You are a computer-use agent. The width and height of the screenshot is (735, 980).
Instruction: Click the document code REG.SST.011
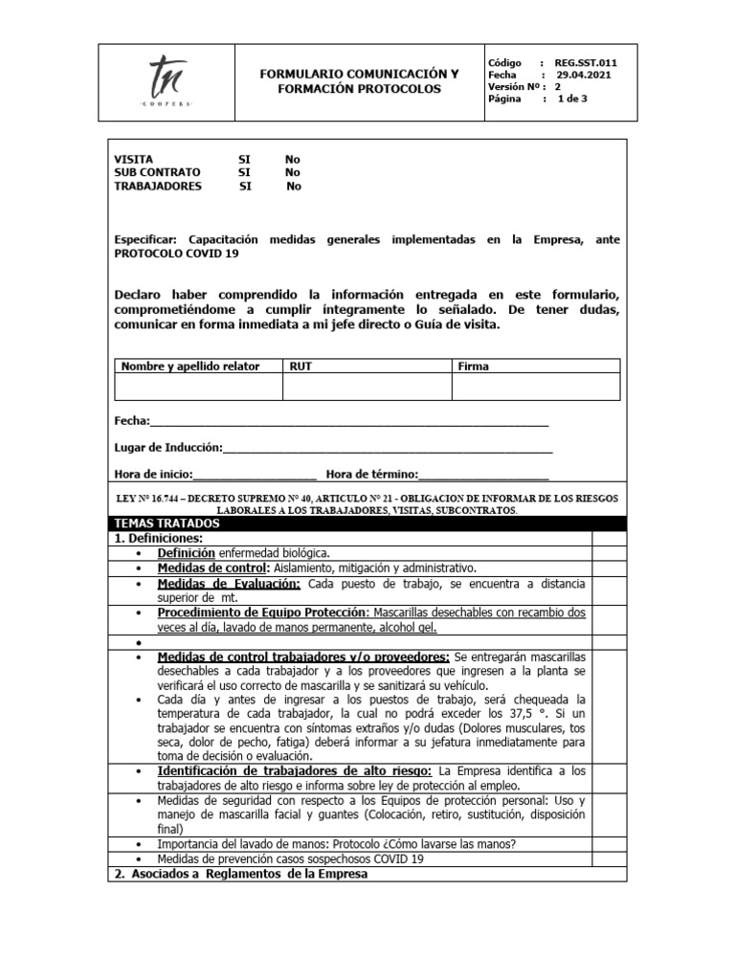pos(586,62)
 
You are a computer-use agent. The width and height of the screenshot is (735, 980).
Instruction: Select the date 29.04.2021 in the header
pos(584,75)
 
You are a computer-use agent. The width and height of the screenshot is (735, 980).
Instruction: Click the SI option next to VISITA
pos(245,159)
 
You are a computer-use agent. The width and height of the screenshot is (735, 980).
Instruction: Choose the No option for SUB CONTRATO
pos(293,172)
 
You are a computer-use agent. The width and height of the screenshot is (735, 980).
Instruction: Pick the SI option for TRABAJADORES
pos(246,187)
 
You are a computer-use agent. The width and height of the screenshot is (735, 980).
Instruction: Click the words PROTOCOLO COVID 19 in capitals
pos(177,254)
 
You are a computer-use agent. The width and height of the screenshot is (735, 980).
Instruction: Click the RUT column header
pos(300,367)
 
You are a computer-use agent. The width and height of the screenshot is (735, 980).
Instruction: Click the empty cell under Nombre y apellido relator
pos(198,386)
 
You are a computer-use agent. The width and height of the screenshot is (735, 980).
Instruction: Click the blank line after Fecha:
pos(349,421)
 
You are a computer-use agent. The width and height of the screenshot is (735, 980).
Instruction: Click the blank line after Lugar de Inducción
pos(388,448)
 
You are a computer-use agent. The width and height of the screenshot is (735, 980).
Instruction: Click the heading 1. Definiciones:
pos(158,539)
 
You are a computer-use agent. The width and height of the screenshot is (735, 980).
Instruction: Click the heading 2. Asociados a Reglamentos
pos(240,874)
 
